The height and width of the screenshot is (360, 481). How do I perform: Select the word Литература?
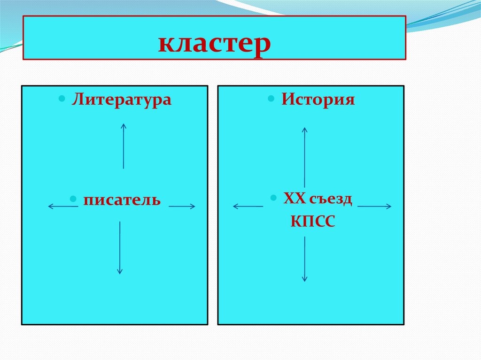121,100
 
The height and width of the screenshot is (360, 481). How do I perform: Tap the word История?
318,100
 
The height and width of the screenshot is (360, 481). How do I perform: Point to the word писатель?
122,200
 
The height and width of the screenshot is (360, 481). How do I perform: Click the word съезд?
331,199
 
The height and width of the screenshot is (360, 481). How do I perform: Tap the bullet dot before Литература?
62,99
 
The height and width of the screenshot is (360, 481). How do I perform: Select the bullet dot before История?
272,99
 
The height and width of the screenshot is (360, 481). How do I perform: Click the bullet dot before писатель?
73,199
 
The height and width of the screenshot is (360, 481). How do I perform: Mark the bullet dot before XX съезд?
273,198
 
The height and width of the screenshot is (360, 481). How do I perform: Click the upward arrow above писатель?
124,146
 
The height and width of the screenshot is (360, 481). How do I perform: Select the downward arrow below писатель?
120,248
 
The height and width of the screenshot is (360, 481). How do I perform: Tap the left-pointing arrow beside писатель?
63,206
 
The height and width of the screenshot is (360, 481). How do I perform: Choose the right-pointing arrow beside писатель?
182,206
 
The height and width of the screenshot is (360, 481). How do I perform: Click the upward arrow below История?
304,157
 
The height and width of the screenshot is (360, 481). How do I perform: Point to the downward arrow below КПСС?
304,259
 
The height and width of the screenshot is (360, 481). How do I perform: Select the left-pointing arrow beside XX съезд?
248,206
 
